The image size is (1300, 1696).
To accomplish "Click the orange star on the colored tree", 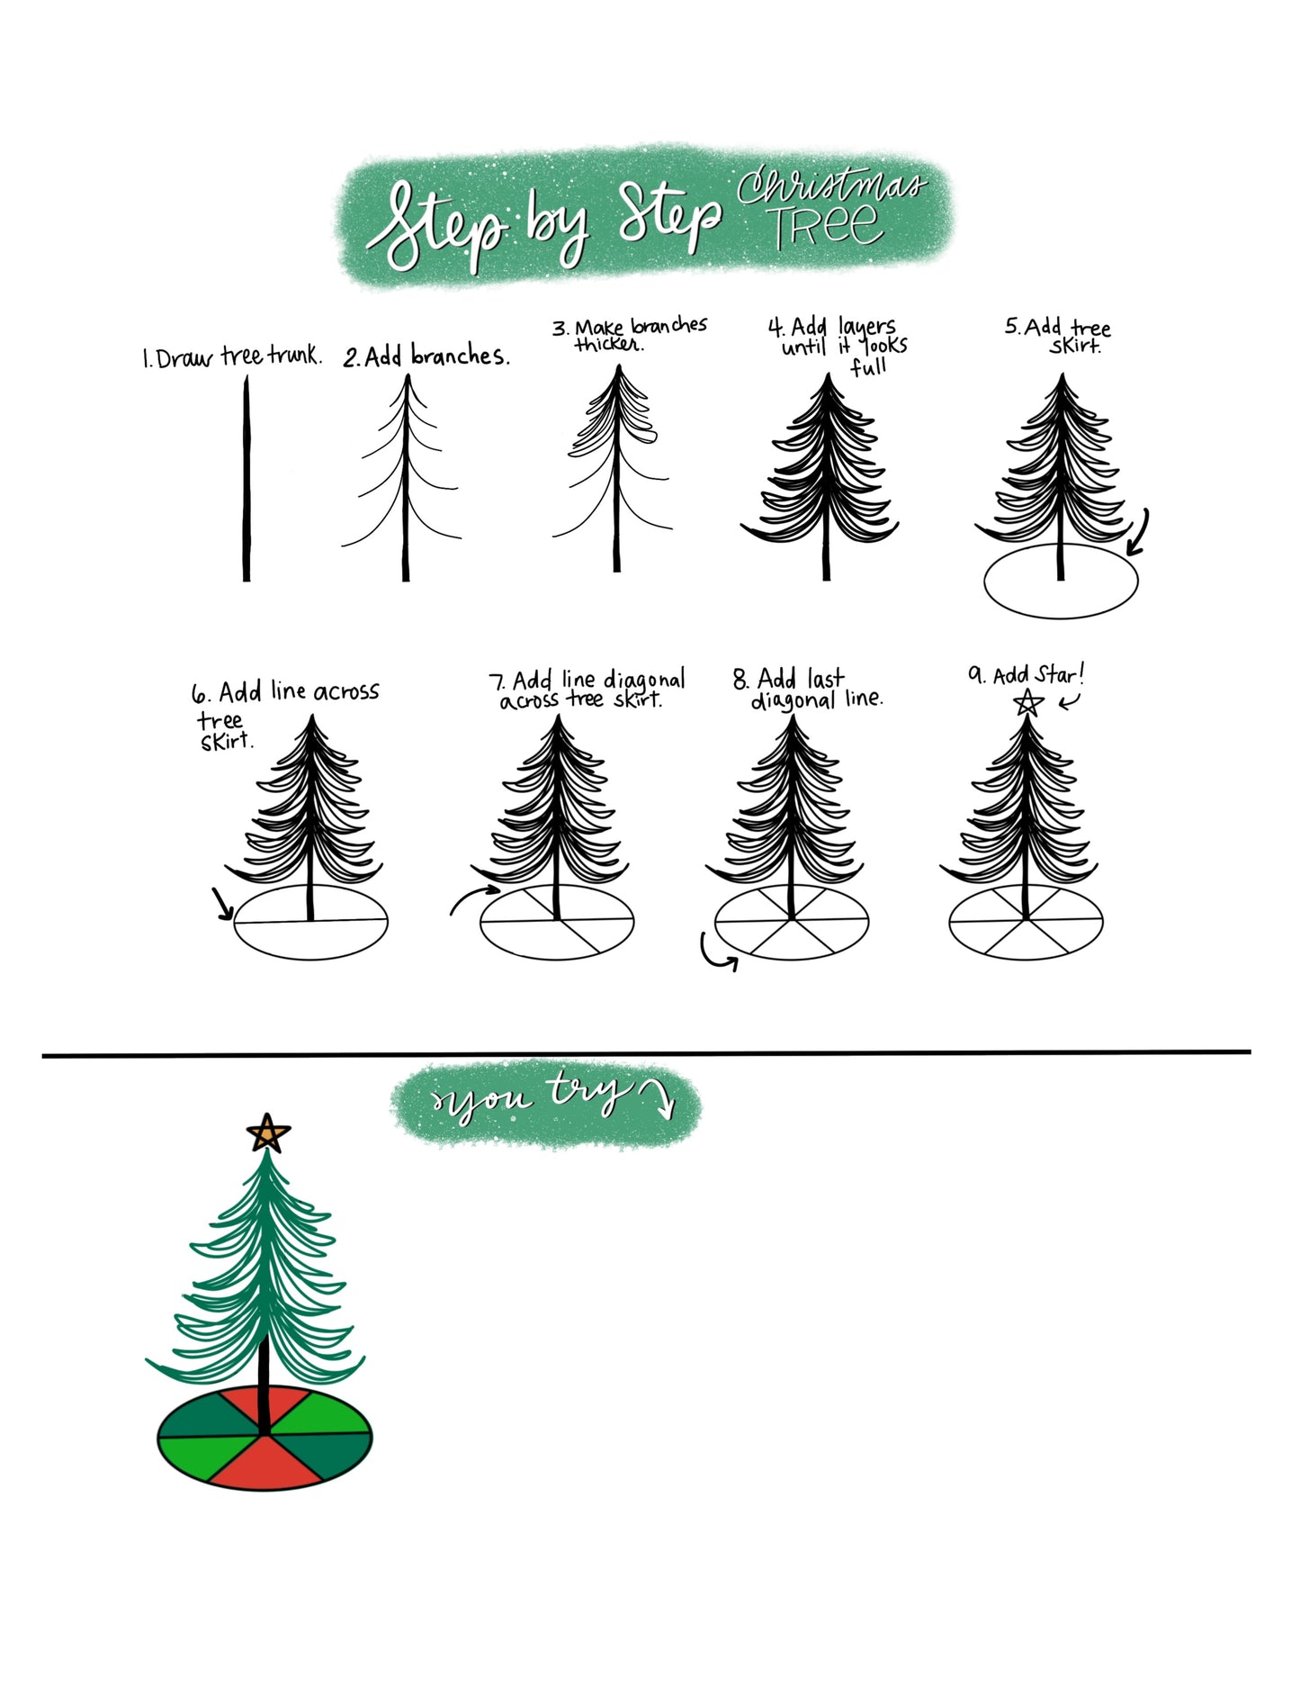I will pos(268,1133).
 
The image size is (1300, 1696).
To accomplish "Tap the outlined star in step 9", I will pos(1028,702).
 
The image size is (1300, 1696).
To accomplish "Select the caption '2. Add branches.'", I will pos(426,356).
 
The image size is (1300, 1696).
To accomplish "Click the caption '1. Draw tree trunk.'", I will pos(231,357).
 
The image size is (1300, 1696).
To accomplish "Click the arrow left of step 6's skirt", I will pos(222,904).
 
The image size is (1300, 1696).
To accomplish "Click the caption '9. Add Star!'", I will pos(1027,674).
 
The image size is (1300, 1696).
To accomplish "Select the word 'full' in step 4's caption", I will pos(869,366).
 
